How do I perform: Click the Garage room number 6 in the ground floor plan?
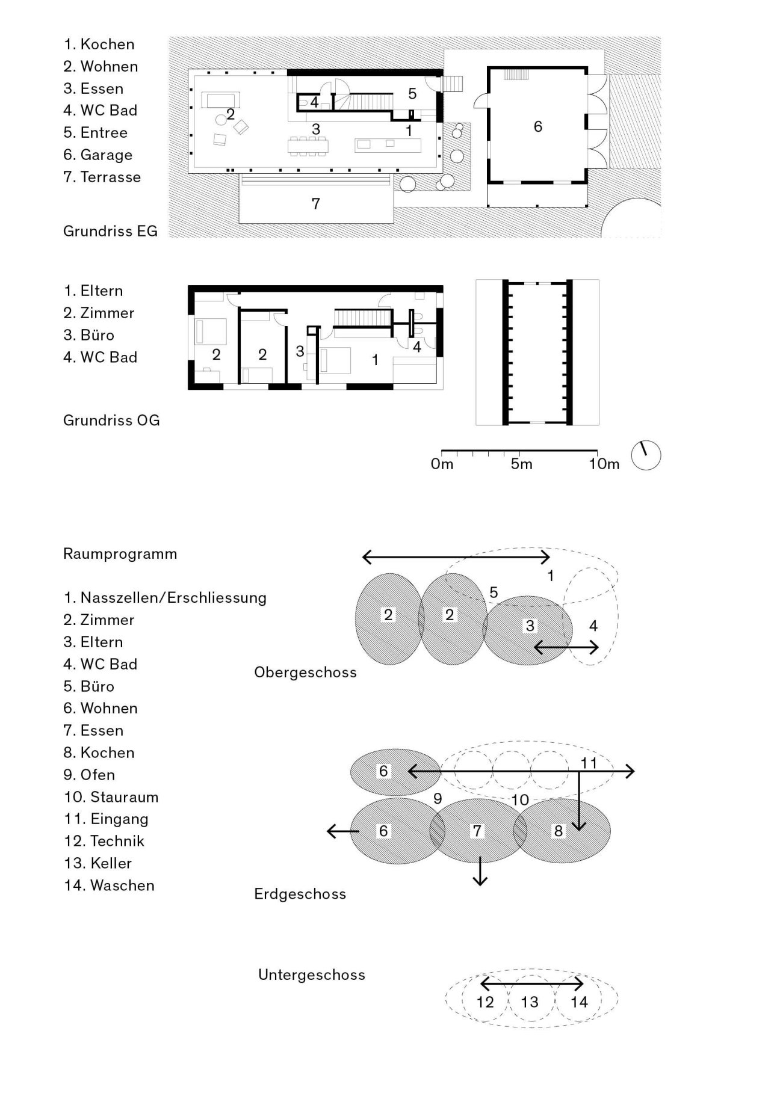click(537, 126)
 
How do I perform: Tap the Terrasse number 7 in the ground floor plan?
click(315, 204)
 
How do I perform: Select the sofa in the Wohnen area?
click(220, 99)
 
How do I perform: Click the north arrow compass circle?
click(646, 455)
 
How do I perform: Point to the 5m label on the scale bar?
click(521, 464)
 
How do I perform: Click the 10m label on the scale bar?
click(604, 464)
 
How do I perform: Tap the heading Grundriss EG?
click(110, 231)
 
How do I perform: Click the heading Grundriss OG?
click(111, 420)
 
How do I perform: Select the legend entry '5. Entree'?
click(96, 132)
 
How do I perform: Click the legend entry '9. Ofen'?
click(89, 775)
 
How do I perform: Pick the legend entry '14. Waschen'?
click(109, 885)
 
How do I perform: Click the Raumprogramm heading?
click(120, 554)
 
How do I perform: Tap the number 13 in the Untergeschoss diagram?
click(529, 1002)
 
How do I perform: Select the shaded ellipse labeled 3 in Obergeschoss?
click(527, 638)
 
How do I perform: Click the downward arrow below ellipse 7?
click(480, 872)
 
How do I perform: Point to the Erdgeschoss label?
click(300, 894)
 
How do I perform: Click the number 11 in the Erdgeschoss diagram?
click(588, 763)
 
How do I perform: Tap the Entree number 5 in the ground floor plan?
click(412, 94)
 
